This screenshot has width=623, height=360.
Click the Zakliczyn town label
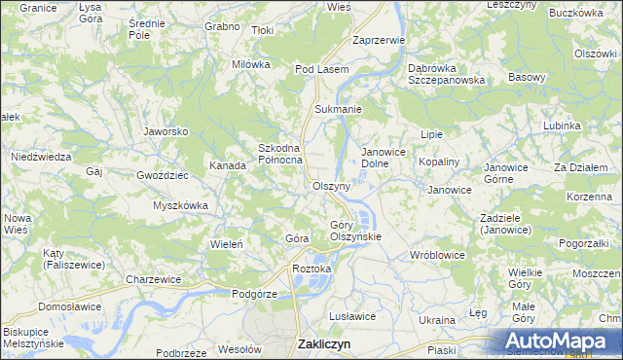pos(323,344)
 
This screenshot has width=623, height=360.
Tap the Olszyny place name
pos(331,185)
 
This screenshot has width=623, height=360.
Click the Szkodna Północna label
pos(280,154)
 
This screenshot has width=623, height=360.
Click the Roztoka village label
pos(312,268)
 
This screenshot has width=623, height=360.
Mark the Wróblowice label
pos(437,255)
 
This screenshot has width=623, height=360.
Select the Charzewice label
pos(154,279)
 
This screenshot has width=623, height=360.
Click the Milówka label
pos(250,64)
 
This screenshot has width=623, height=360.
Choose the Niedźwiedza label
pos(41,156)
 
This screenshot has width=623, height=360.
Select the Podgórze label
pos(255,293)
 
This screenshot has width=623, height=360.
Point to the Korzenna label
pos(588,197)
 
